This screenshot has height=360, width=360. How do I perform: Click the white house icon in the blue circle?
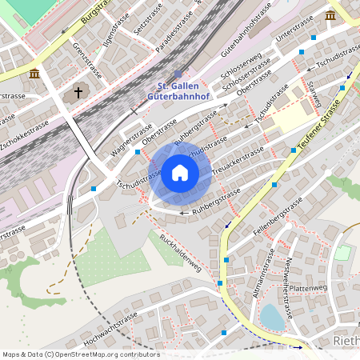(x=180, y=173)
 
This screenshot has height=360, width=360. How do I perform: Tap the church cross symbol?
(x=78, y=93)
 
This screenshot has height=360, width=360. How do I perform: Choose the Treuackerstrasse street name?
(x=239, y=160)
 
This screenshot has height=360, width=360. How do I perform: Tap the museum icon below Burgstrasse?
(x=34, y=74)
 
